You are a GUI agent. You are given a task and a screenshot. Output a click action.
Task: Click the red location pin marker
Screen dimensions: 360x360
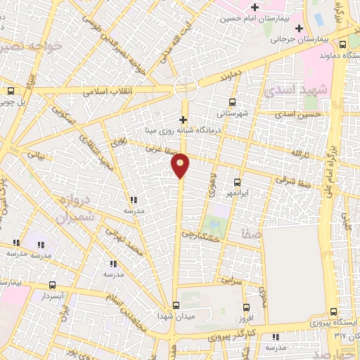pyautogui.click(x=181, y=165)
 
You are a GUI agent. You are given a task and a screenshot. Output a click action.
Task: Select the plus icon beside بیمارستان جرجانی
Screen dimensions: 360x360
pyautogui.click(x=300, y=29)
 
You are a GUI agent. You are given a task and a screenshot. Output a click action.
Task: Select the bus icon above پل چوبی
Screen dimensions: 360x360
pyautogui.click(x=11, y=91)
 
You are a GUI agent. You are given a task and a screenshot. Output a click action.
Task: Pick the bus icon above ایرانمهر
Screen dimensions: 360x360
pyautogui.click(x=236, y=182)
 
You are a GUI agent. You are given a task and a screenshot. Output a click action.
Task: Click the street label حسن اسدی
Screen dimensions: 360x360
pyautogui.click(x=298, y=113)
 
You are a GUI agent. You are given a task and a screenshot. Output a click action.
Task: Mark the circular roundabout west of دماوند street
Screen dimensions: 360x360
pyautogui.click(x=185, y=88)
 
